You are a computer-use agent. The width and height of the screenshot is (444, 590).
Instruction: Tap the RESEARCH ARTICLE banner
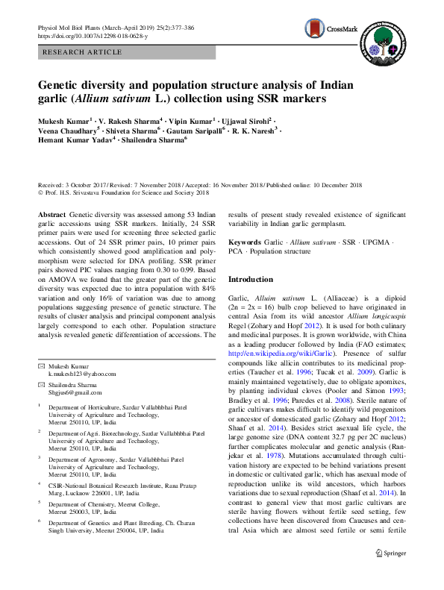click(x=83, y=51)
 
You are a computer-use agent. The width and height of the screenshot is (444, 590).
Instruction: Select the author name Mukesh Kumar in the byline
click(x=66, y=120)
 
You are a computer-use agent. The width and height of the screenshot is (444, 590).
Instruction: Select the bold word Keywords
click(x=245, y=243)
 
